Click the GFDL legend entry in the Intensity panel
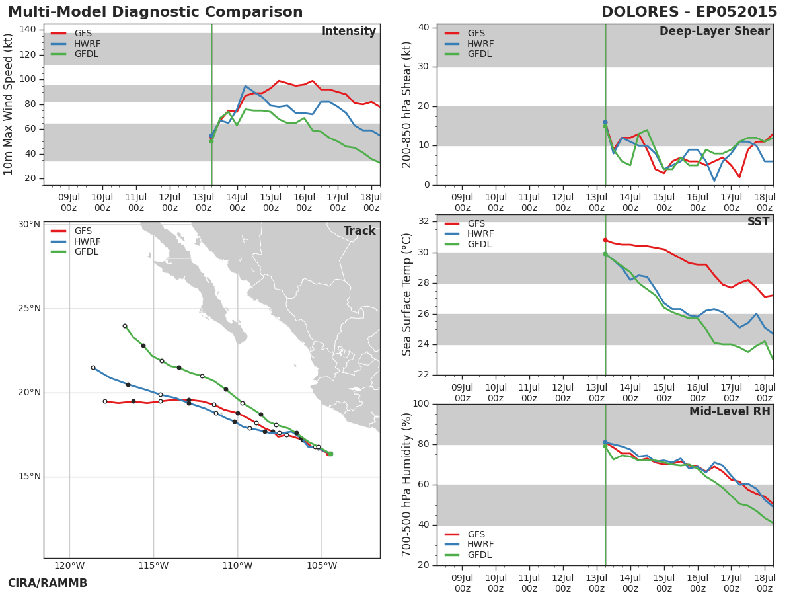point(75,54)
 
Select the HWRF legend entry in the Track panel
point(75,241)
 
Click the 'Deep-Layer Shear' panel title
point(714,32)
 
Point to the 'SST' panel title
point(759,221)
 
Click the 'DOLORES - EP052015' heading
point(689,12)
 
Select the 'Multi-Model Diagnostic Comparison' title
point(155,12)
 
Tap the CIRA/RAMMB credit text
point(48,583)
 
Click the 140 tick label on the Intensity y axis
point(28,30)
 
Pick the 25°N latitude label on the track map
point(29,309)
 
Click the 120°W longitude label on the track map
point(69,565)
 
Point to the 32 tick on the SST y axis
point(424,221)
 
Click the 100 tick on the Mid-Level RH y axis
point(421,404)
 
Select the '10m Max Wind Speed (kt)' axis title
point(7,104)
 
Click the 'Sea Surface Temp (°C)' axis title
point(406,294)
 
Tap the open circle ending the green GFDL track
point(125,326)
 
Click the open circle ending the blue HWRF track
point(93,368)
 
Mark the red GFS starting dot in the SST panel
point(605,240)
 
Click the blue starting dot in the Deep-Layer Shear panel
point(605,122)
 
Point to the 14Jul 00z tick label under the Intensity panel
point(237,203)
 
